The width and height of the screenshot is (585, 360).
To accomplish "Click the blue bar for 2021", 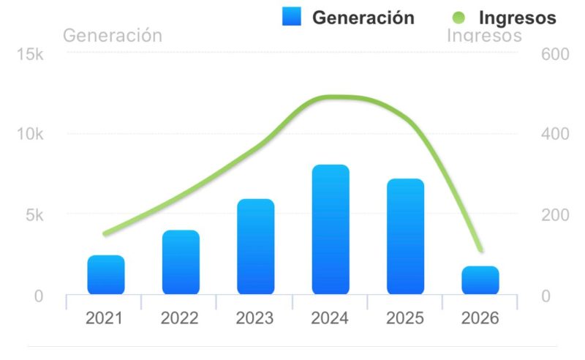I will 106,275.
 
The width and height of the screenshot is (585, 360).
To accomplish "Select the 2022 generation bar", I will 181,263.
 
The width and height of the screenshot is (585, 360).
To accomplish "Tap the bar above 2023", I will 255,247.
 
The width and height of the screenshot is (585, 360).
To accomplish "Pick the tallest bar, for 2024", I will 331,230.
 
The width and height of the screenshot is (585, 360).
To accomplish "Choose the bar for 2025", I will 406,236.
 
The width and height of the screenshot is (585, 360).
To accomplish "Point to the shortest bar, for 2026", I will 480,280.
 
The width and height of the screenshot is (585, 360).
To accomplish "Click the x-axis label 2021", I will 104,318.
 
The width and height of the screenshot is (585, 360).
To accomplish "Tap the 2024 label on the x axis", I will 330,318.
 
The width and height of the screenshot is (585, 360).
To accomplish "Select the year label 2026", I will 480,318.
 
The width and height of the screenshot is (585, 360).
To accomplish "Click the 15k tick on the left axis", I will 31,55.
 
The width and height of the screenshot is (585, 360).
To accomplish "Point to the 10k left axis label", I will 31,135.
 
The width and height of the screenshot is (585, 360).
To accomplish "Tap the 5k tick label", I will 34,215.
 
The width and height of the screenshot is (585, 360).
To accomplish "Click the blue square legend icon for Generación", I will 292,16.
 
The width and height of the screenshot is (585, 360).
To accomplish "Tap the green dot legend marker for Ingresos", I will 459,17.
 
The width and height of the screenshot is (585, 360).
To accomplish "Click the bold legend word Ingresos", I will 518,18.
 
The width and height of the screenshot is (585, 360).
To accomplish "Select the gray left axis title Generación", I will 113,35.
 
